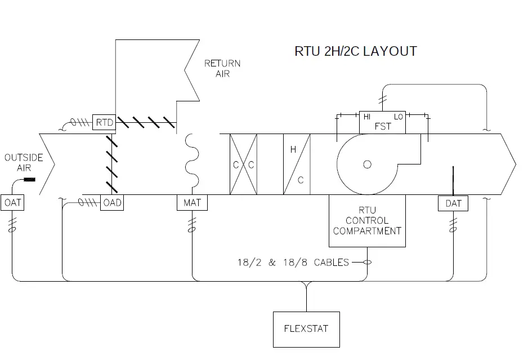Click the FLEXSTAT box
[307, 328]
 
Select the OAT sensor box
[11, 203]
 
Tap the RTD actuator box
[104, 122]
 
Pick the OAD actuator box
[112, 203]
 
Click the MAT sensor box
[192, 203]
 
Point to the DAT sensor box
[453, 203]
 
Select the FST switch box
[382, 122]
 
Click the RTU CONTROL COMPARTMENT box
[366, 221]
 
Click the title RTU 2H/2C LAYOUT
[356, 51]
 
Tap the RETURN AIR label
[222, 69]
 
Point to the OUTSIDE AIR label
[24, 163]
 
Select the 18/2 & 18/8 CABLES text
[293, 262]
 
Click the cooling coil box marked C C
[244, 165]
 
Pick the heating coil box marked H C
[297, 165]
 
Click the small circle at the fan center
[367, 165]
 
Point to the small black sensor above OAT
[29, 180]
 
